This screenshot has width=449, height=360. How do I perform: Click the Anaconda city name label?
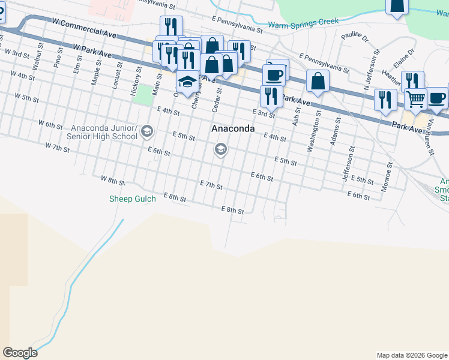[x=233, y=129]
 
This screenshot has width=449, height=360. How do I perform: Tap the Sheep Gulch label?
[x=132, y=199]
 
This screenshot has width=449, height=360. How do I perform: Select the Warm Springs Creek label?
[x=303, y=23]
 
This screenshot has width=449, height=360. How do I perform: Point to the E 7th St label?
[x=211, y=185]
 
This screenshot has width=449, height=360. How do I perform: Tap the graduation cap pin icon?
[x=188, y=82]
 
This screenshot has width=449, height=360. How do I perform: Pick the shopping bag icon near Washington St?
[x=317, y=81]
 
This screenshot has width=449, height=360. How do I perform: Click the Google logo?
[x=20, y=353]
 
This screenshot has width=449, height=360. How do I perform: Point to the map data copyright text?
[x=412, y=355]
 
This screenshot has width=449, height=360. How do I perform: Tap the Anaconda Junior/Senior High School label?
[x=104, y=132]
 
